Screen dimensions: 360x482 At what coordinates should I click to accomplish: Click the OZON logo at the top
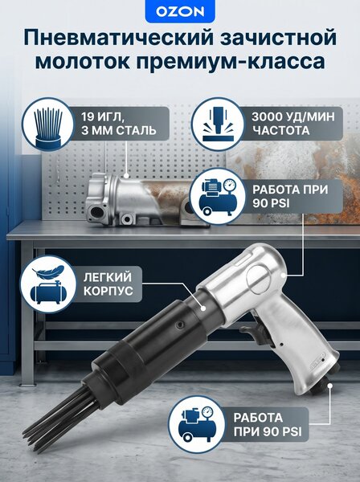180,12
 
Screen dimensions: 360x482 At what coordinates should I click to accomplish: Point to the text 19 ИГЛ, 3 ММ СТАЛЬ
119,124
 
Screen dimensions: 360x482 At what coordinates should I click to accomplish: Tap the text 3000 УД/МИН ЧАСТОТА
293,124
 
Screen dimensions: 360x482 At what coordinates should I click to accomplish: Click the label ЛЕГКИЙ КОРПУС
108,284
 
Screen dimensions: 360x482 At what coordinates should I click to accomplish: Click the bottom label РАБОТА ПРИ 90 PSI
267,424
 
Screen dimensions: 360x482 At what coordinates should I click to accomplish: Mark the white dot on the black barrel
203,308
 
